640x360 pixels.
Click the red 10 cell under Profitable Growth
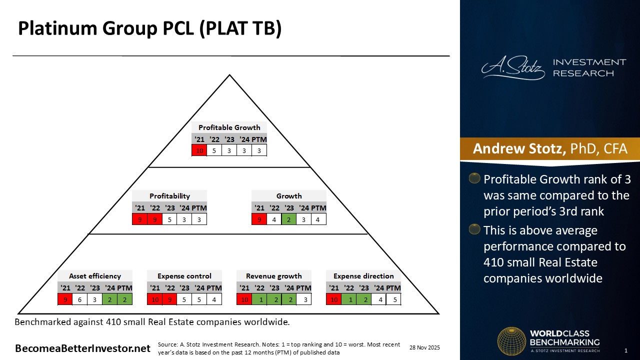point(199,150)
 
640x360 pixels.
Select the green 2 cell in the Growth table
point(288,219)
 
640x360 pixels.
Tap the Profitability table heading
point(169,196)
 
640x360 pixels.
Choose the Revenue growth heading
point(273,276)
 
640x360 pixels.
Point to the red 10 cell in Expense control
point(155,299)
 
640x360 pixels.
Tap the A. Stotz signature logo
point(513,67)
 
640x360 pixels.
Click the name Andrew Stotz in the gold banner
point(519,148)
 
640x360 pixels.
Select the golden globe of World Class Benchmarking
point(511,341)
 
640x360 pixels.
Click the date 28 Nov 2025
point(424,347)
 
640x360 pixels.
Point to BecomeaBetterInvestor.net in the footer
point(82,348)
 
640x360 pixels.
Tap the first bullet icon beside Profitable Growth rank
point(474,178)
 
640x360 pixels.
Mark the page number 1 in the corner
point(626,350)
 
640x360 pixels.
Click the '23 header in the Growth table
point(289,208)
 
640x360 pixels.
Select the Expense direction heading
point(363,276)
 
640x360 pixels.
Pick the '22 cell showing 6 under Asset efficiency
point(79,299)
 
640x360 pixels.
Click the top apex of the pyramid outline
point(229,75)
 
